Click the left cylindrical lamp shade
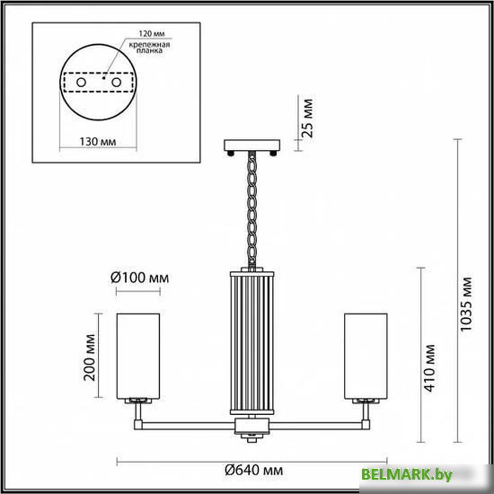[x=140, y=353]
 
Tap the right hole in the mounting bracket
[x=117, y=83]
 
